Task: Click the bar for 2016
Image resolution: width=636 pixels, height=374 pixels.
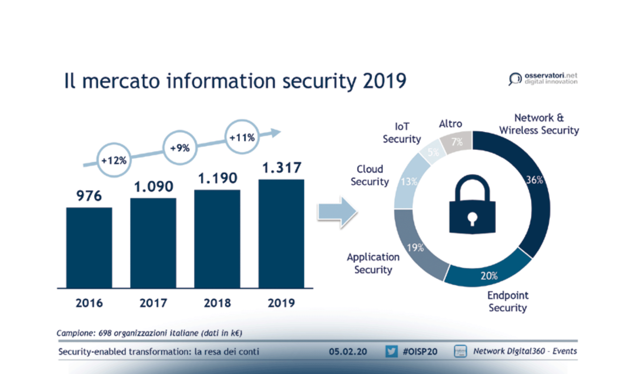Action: pos(89,248)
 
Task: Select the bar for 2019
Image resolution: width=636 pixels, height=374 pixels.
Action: pos(281,234)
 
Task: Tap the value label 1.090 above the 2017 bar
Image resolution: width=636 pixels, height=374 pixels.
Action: pos(153,187)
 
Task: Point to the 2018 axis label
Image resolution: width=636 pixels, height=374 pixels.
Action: pos(217,303)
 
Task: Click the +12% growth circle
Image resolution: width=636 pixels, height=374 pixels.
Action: pos(114,160)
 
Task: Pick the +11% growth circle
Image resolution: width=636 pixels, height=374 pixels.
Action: pos(242,137)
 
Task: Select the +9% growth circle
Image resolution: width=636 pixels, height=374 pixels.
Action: pos(180,148)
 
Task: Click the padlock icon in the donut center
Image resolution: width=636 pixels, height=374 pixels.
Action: pos(472,206)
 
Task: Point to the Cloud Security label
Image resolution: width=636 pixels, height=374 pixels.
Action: pos(370,175)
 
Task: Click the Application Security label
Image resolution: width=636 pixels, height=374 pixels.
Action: pos(373,263)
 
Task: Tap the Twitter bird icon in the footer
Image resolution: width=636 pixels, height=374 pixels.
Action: pos(391,351)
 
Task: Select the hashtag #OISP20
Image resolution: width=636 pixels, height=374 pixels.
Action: pos(420,352)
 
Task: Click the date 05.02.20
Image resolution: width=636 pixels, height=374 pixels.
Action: pos(348,352)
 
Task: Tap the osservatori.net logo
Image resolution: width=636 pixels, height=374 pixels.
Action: pos(543,79)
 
